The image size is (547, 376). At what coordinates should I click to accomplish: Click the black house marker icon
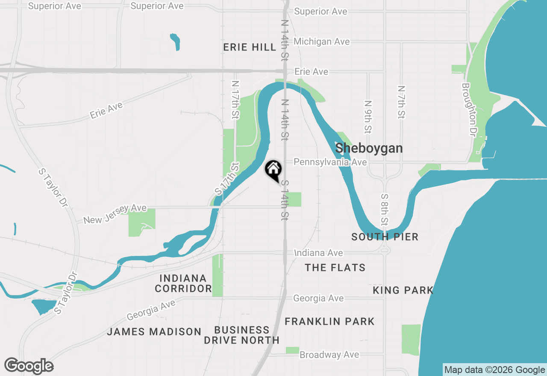pyautogui.click(x=273, y=170)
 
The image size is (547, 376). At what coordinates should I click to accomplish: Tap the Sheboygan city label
pyautogui.click(x=369, y=148)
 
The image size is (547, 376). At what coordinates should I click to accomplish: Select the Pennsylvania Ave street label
pyautogui.click(x=330, y=162)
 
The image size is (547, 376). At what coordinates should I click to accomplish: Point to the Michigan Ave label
pyautogui.click(x=321, y=41)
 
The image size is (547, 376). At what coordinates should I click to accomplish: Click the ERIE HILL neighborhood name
pyautogui.click(x=250, y=47)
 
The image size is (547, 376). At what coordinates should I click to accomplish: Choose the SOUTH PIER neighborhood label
pyautogui.click(x=385, y=237)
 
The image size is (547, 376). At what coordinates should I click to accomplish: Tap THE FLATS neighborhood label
pyautogui.click(x=335, y=267)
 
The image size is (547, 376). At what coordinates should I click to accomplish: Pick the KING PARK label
pyautogui.click(x=403, y=291)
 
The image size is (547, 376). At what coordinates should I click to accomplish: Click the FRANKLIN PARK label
pyautogui.click(x=329, y=321)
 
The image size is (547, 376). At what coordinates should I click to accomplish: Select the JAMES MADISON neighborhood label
pyautogui.click(x=154, y=332)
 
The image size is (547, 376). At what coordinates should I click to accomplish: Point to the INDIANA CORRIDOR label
pyautogui.click(x=183, y=284)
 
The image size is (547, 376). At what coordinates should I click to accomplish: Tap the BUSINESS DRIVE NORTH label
pyautogui.click(x=241, y=335)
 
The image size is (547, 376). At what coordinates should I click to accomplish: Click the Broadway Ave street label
pyautogui.click(x=329, y=355)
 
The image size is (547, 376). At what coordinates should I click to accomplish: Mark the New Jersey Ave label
pyautogui.click(x=115, y=214)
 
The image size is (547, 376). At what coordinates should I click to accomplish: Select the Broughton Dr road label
pyautogui.click(x=468, y=109)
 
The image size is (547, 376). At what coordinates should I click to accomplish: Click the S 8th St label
pyautogui.click(x=385, y=209)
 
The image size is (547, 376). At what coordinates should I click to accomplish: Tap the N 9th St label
pyautogui.click(x=368, y=116)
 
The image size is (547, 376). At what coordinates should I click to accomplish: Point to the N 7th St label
pyautogui.click(x=401, y=102)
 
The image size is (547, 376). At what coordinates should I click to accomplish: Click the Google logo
pyautogui.click(x=29, y=366)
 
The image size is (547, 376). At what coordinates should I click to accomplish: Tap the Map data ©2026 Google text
pyautogui.click(x=494, y=370)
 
